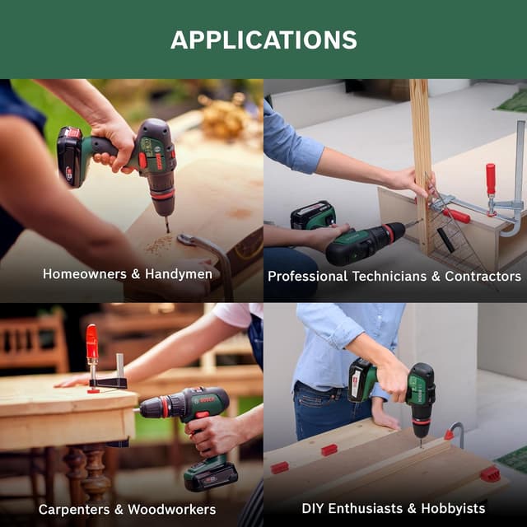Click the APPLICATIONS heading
tap(263, 40)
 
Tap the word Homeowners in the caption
tap(85, 274)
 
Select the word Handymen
tap(179, 274)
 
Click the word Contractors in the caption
tap(483, 277)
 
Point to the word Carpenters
tap(74, 510)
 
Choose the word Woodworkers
tap(172, 510)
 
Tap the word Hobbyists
tap(453, 509)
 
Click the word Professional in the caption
tap(307, 277)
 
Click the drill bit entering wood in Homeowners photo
tap(166, 224)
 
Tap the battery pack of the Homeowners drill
tap(69, 156)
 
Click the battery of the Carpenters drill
tap(211, 477)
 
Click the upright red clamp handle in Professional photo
tap(491, 179)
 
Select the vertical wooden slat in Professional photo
tap(422, 165)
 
